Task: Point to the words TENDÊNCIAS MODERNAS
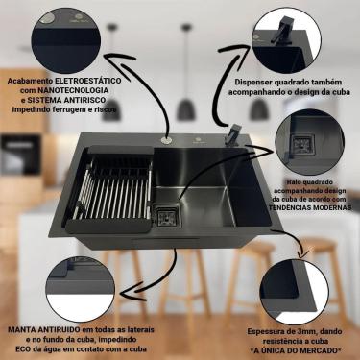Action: click(x=308, y=207)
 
